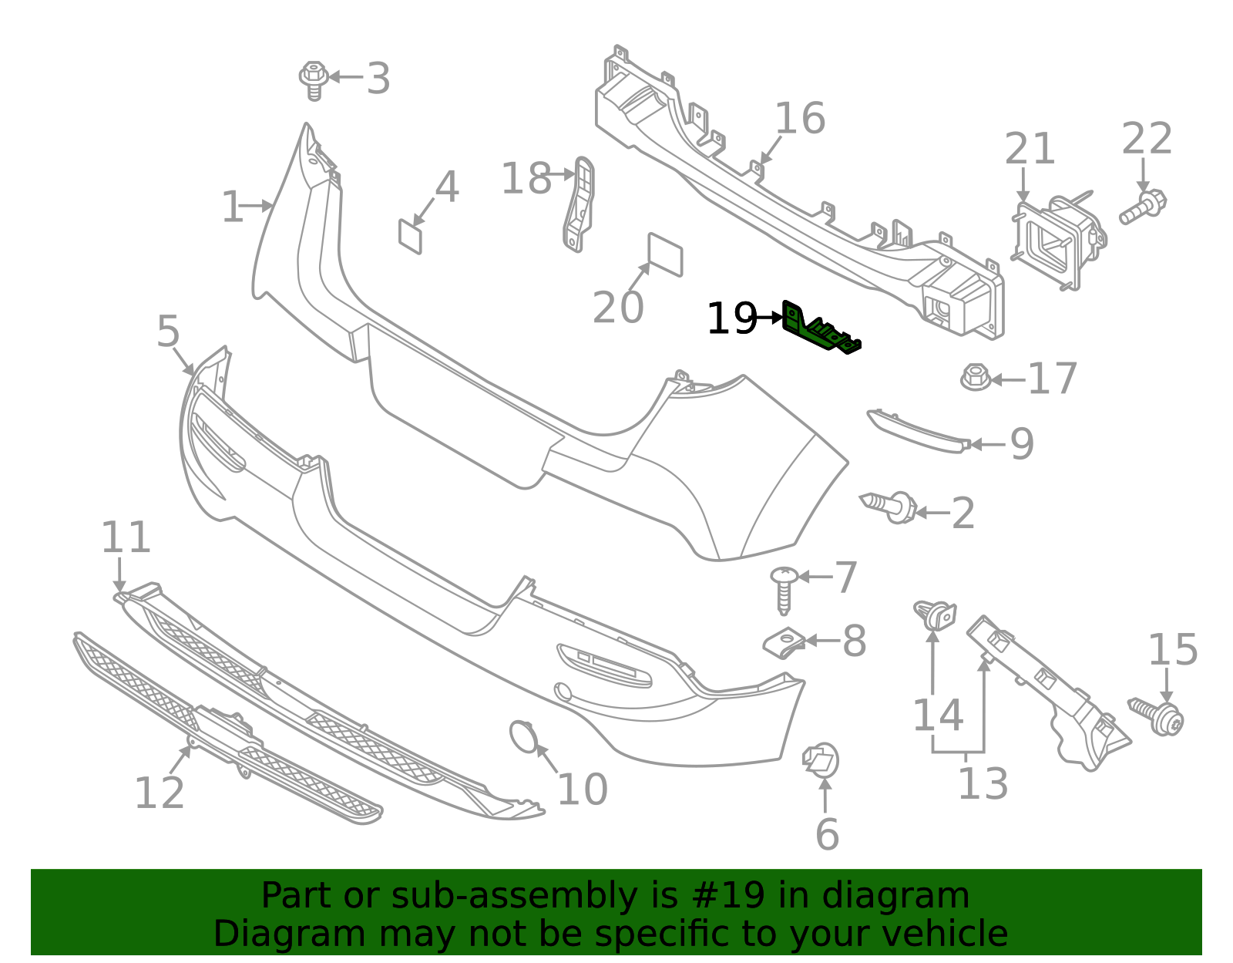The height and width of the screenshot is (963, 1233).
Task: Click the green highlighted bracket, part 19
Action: coord(819,330)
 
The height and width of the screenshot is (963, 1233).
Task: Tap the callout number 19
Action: coord(731,318)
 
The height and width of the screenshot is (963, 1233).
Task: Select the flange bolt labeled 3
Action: coord(314,79)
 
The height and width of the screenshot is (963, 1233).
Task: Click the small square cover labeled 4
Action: coord(410,236)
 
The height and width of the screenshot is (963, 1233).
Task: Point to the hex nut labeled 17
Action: coord(976,378)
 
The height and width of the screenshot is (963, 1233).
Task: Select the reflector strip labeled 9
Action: coord(917,432)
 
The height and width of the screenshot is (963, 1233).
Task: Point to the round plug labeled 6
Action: coord(821,759)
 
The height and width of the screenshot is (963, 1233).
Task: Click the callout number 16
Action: coord(800,120)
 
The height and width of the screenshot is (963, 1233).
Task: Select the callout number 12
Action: coord(160,793)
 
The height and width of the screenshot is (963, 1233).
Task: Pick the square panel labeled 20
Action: coord(665,254)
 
